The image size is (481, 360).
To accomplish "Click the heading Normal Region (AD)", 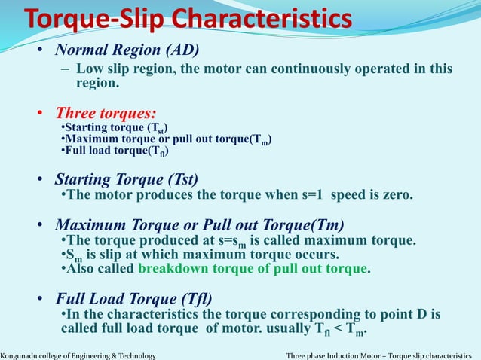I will pyautogui.click(x=127, y=50).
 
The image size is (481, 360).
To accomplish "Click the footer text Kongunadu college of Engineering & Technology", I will pyautogui.click(x=78, y=355).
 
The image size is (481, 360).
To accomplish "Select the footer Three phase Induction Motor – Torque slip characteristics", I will pyautogui.click(x=382, y=355).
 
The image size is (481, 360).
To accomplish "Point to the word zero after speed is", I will pyautogui.click(x=396, y=195).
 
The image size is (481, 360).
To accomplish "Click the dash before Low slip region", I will pyautogui.click(x=64, y=69).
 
